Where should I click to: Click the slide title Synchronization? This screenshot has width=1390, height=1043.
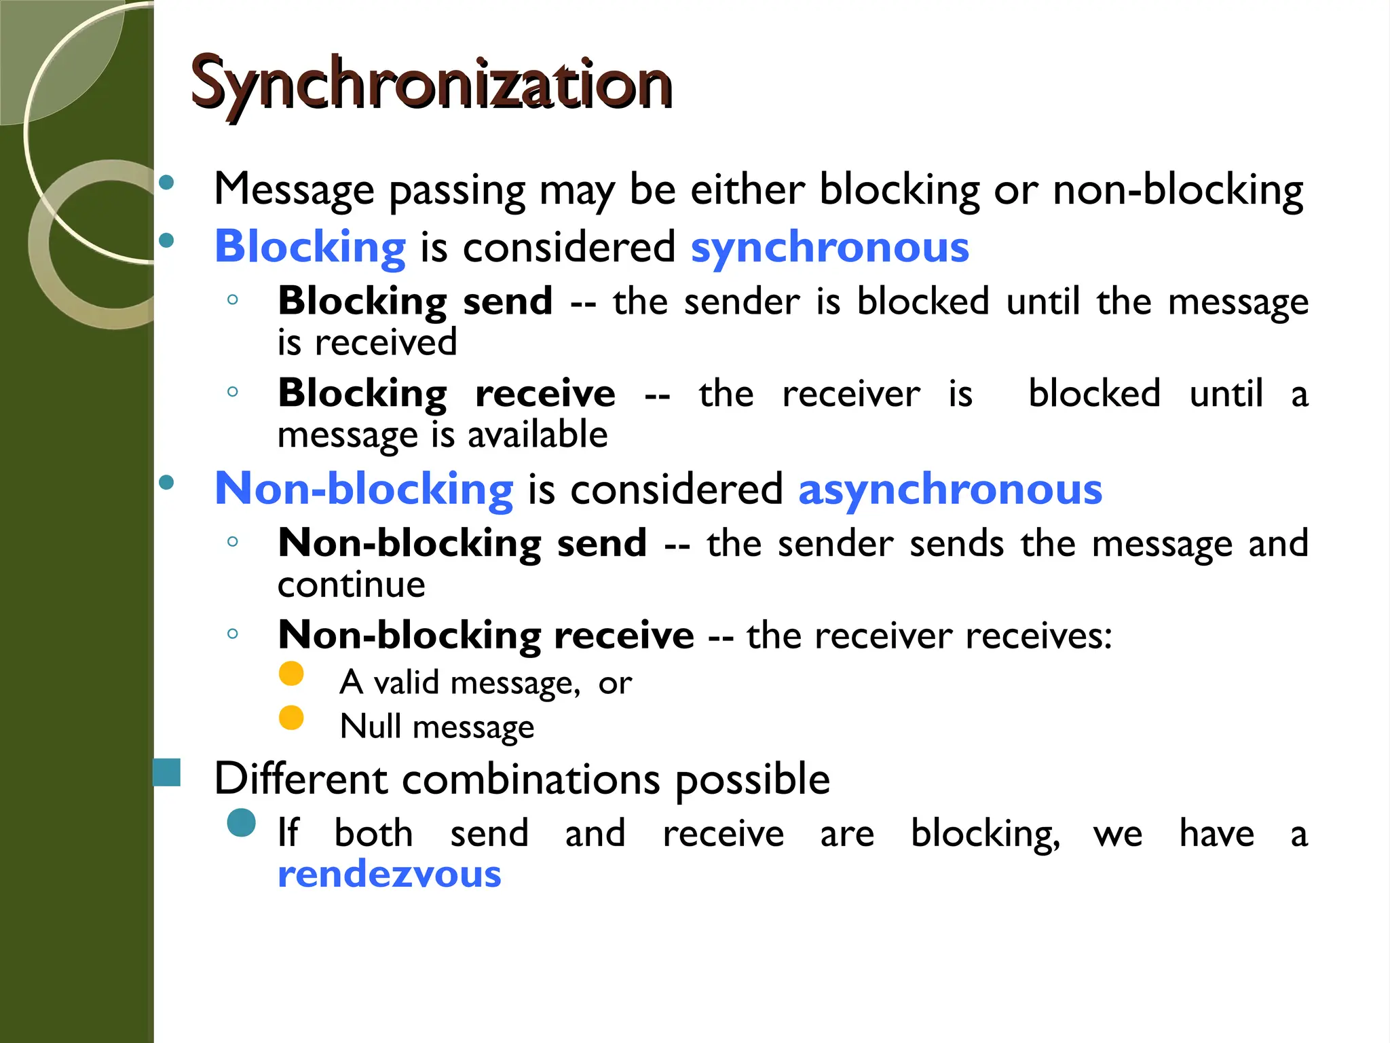[x=432, y=84]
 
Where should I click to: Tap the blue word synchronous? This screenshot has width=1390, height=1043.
[x=829, y=247]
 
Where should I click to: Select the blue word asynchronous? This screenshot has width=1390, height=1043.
[x=950, y=489]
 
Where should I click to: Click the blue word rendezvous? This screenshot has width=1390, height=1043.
[x=389, y=875]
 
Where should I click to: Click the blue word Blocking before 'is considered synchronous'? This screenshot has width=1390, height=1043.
[x=310, y=247]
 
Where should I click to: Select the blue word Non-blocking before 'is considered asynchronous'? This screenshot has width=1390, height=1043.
[x=364, y=489]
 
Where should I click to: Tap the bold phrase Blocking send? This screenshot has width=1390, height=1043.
[x=415, y=301]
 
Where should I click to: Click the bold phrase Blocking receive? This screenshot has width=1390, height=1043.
[x=446, y=394]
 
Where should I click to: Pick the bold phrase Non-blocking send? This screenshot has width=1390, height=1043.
[x=462, y=544]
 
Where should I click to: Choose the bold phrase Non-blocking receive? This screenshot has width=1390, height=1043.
[x=486, y=636]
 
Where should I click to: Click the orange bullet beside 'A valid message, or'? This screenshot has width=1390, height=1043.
[x=291, y=674]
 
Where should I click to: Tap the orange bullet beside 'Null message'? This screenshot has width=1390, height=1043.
[x=291, y=718]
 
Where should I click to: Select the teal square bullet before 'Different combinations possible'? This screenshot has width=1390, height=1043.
[x=167, y=773]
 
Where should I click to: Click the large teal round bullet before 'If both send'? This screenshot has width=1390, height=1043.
[x=242, y=823]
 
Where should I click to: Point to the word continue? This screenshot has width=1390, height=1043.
[x=352, y=585]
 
